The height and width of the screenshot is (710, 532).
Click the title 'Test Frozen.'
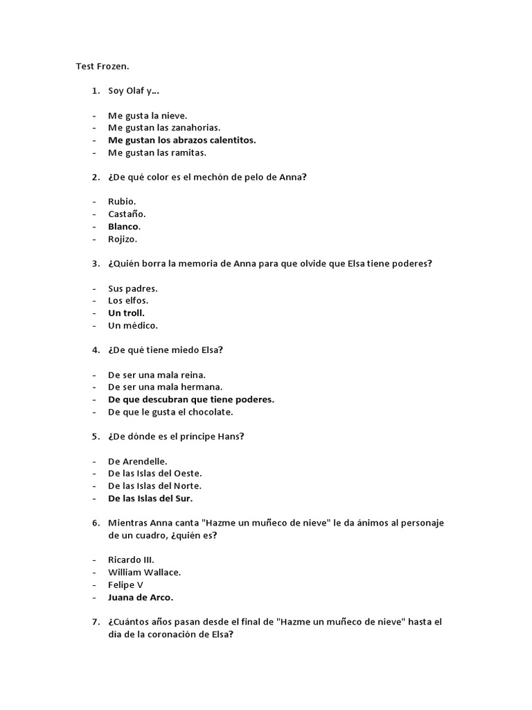pos(102,67)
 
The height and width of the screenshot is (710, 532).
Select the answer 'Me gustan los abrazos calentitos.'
pos(181,140)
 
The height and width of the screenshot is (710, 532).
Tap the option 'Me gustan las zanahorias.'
pos(163,128)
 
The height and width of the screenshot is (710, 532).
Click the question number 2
pos(95,177)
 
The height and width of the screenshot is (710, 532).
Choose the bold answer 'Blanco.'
pos(124,227)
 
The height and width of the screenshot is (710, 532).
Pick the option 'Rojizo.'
pos(123,239)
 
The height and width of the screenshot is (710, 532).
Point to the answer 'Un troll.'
pos(126,313)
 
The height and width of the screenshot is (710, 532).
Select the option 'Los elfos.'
pos(128,301)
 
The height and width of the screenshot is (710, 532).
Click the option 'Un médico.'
pos(133,326)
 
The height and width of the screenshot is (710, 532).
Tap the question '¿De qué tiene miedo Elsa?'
pos(165,350)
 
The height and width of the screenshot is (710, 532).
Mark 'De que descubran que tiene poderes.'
pos(190,399)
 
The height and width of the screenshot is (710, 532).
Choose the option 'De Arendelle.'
pos(137,461)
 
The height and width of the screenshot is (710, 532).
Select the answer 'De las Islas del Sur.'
pos(150,499)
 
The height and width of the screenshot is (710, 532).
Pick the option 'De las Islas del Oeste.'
pos(154,474)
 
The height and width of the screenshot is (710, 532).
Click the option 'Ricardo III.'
pos(131,560)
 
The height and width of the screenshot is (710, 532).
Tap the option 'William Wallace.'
pos(144,573)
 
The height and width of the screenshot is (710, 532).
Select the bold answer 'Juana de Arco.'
pos(141,597)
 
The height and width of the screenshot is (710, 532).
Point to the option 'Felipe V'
pos(125,585)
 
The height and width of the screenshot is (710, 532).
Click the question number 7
pos(95,622)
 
